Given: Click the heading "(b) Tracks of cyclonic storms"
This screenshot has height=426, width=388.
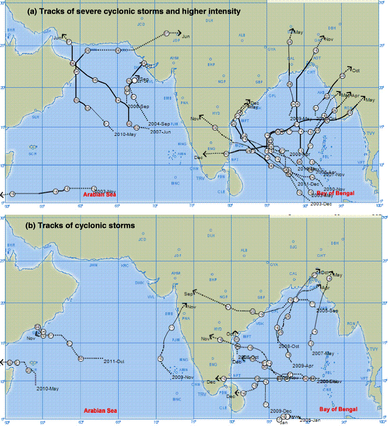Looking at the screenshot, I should coord(80,226).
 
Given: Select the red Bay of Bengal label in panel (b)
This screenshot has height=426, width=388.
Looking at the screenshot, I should coord(338,409).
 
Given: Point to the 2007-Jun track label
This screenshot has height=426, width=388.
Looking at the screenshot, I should coord(160,132).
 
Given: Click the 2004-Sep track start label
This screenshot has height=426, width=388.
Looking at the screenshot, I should coord(159,124).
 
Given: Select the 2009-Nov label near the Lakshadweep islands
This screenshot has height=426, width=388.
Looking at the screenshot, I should coord(182,377).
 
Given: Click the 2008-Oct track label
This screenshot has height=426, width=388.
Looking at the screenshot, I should coord(289,346).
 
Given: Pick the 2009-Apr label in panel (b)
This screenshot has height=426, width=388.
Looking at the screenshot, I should coord(303,366).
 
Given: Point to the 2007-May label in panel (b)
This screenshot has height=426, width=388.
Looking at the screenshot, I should coord(323,353).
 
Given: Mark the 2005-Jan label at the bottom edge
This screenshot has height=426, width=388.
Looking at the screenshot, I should coord(310,420).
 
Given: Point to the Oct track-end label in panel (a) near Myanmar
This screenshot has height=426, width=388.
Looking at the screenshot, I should coord(356,71).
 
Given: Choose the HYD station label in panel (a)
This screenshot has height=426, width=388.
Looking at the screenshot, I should coord(216,113).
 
